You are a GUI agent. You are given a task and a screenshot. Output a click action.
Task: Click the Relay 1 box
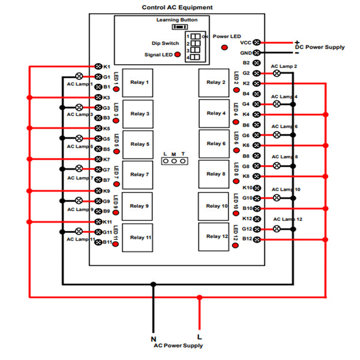tap(139, 82)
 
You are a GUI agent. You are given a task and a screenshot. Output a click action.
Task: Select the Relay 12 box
tap(215, 236)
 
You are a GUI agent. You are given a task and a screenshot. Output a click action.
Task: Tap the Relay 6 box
tap(215, 144)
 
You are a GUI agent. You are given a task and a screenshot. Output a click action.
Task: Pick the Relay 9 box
tap(139, 206)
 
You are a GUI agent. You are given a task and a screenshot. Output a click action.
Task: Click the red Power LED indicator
tap(224, 47)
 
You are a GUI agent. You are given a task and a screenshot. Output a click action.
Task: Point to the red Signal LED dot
tap(177, 55)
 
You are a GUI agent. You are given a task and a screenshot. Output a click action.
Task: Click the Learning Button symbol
tap(178, 27)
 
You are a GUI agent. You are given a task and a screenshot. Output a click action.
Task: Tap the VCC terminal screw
tap(257, 43)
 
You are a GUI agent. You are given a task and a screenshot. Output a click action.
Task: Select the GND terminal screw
tap(257, 53)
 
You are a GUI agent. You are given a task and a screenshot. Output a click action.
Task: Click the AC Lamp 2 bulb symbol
tap(277, 73)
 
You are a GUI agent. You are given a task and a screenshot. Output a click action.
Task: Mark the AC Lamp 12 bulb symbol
tap(277, 229)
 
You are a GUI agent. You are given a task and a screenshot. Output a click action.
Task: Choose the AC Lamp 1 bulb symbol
tap(79, 77)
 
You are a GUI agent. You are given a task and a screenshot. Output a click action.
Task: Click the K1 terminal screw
tap(99, 66)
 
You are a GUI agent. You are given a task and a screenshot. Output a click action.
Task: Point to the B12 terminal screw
tap(257, 239)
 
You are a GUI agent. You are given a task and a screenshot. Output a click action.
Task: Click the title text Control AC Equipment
tap(177, 8)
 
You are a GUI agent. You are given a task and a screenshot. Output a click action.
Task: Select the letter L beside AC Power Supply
tap(200, 337)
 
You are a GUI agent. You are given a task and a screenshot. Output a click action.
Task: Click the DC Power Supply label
tap(321, 46)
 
